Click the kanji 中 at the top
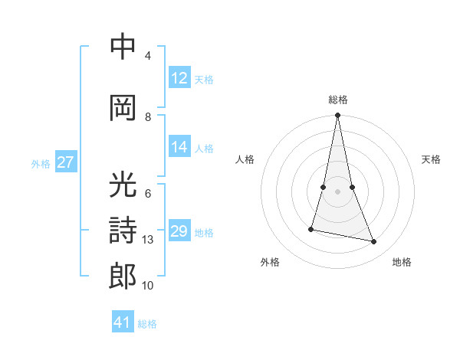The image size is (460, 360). pyautogui.click(x=123, y=47)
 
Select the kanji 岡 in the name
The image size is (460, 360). pyautogui.click(x=123, y=109)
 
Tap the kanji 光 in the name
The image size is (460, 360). pyautogui.click(x=123, y=185)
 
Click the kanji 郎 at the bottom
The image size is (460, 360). pyautogui.click(x=123, y=277)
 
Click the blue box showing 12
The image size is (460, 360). pyautogui.click(x=179, y=77)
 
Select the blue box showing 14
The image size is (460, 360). pyautogui.click(x=179, y=147)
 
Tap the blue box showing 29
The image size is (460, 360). pyautogui.click(x=179, y=231)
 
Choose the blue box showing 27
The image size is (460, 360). pyautogui.click(x=65, y=162)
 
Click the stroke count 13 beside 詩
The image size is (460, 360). pyautogui.click(x=148, y=240)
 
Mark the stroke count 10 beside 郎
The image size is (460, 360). pyautogui.click(x=148, y=286)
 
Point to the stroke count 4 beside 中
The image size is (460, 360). pyautogui.click(x=148, y=56)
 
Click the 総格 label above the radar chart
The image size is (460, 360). pyautogui.click(x=337, y=100)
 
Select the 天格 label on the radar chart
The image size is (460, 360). pyautogui.click(x=431, y=159)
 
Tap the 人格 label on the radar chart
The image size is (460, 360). pyautogui.click(x=245, y=159)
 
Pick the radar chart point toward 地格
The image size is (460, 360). pyautogui.click(x=374, y=242)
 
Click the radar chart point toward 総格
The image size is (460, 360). pyautogui.click(x=337, y=116)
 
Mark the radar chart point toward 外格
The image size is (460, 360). pyautogui.click(x=311, y=229)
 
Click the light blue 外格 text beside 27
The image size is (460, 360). pyautogui.click(x=41, y=163)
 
